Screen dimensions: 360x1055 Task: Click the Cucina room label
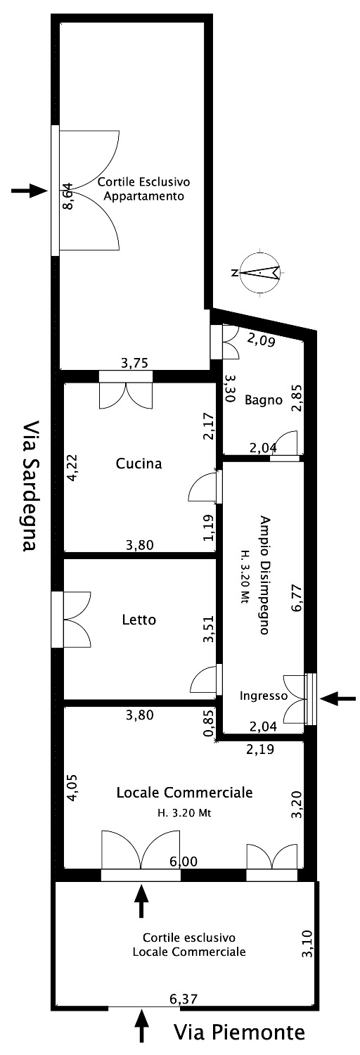click(x=139, y=463)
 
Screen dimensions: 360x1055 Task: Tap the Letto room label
click(x=139, y=620)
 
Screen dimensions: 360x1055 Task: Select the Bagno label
click(x=264, y=400)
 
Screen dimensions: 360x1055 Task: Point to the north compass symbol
click(x=259, y=272)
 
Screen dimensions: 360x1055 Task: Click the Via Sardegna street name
click(x=30, y=485)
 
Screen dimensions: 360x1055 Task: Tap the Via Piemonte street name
click(x=240, y=1032)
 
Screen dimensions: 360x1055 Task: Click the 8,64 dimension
click(x=69, y=196)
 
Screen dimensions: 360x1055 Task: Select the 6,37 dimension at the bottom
click(x=184, y=998)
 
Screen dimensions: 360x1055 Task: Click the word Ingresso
click(x=263, y=696)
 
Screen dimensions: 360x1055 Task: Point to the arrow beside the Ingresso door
click(x=338, y=699)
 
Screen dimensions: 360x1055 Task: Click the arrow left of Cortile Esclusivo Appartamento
click(x=29, y=191)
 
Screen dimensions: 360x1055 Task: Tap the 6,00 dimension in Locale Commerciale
click(x=184, y=862)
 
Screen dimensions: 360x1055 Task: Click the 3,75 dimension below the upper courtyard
click(x=134, y=362)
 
